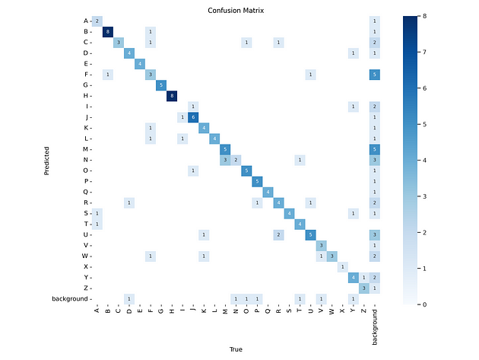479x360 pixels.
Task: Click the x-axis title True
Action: (x=236, y=349)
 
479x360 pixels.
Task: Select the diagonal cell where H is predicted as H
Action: (x=172, y=95)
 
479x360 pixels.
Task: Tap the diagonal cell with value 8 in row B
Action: (x=107, y=31)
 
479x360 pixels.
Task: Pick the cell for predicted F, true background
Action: (x=374, y=74)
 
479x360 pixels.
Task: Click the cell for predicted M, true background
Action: (x=374, y=148)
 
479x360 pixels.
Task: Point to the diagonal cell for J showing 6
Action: (x=193, y=116)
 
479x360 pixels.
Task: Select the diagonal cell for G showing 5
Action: (x=161, y=84)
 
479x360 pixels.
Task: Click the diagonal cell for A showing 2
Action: (x=97, y=21)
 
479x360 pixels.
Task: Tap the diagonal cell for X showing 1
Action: (x=342, y=266)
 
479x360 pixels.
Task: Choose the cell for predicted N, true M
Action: (x=225, y=159)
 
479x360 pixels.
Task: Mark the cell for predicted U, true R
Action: (x=278, y=234)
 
